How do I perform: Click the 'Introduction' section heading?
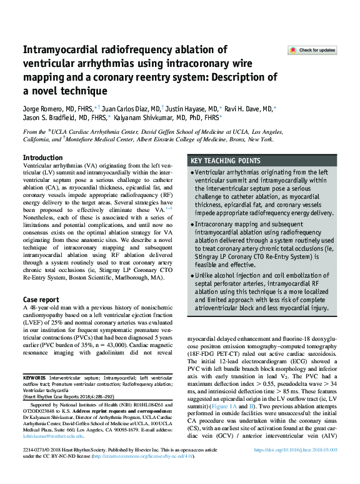click(42, 158)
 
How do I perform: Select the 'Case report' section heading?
click(42, 300)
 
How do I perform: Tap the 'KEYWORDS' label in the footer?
click(38, 378)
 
